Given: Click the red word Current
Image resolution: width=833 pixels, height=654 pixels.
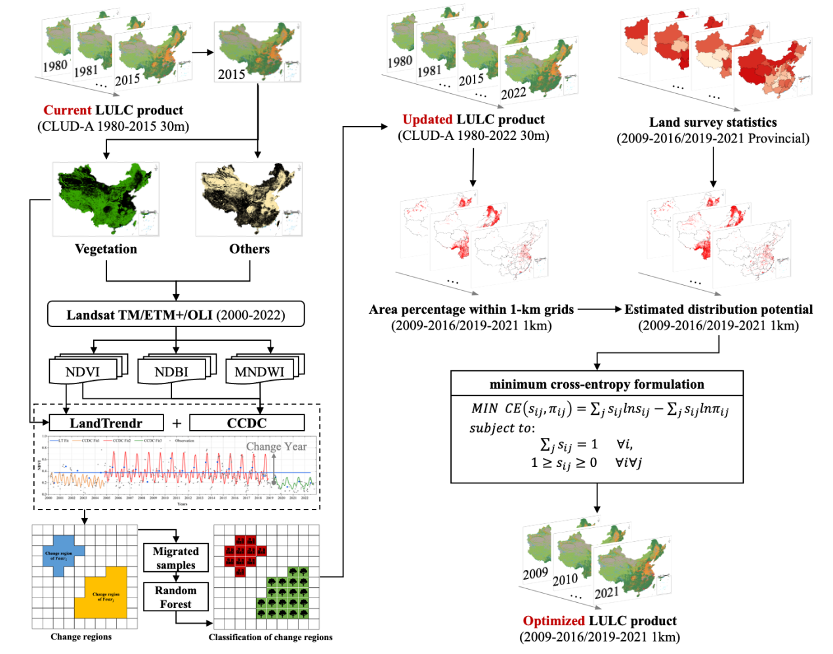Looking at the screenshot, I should click(68, 110).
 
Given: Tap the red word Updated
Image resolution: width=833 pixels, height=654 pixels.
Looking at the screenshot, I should click(427, 120).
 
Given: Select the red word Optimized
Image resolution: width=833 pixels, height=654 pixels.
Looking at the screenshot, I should click(554, 621).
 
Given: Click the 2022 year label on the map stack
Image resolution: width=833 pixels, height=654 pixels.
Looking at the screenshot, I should click(513, 93).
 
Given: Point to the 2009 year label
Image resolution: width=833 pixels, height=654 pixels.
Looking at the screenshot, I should click(535, 574).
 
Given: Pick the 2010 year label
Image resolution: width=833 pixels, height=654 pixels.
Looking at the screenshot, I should click(565, 580).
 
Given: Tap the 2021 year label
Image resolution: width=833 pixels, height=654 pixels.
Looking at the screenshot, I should click(607, 593).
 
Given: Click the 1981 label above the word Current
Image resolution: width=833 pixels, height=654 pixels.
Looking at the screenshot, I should click(86, 71).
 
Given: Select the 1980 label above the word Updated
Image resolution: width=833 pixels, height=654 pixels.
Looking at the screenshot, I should click(399, 62).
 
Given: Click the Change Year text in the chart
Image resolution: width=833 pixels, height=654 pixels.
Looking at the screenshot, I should click(276, 447).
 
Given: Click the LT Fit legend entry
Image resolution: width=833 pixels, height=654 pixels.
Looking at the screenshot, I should click(60, 441).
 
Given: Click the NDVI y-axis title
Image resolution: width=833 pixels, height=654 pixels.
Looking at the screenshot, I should click(37, 466).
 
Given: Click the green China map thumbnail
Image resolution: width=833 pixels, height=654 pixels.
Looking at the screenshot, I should click(106, 199).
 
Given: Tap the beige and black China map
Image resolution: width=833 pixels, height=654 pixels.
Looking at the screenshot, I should click(249, 199).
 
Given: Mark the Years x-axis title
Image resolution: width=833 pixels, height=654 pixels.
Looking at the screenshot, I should click(182, 504).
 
